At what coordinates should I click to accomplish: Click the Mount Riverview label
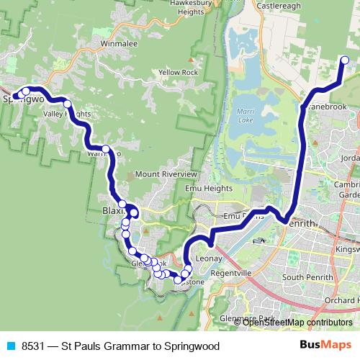166,174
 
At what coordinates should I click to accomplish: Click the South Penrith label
305,277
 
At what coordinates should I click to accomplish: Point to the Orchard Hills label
342,300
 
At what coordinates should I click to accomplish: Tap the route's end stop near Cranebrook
343,61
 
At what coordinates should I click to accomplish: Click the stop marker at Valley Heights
68,104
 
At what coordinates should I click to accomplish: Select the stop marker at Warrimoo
106,150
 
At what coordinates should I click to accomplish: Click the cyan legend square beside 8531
10,346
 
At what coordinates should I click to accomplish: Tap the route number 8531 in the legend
34,346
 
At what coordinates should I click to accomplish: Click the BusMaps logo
325,345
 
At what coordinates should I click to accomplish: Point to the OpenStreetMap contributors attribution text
297,323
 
